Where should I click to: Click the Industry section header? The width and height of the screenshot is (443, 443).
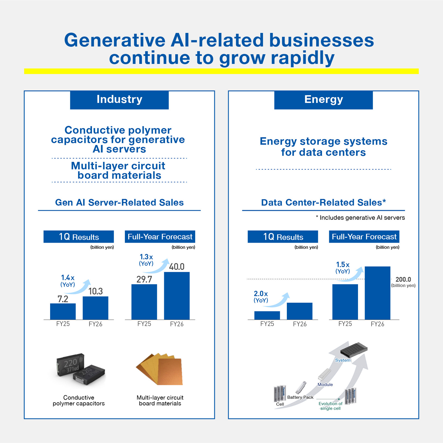(119, 100)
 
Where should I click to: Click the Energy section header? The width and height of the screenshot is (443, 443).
(323, 100)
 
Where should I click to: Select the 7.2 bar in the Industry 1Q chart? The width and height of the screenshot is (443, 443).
(63, 311)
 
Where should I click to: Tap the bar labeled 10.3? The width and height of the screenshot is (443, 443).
(96, 308)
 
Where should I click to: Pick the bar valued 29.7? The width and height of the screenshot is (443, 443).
(144, 302)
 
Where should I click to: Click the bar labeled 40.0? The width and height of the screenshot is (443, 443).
(177, 296)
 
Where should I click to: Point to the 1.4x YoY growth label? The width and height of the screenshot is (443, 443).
(68, 281)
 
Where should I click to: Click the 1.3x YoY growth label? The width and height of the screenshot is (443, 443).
(146, 260)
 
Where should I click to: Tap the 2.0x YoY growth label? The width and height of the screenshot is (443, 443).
(261, 297)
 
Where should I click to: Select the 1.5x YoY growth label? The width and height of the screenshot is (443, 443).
(343, 268)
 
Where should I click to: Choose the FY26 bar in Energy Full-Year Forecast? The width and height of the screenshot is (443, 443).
(378, 293)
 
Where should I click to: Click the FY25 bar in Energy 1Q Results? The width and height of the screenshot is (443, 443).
(267, 315)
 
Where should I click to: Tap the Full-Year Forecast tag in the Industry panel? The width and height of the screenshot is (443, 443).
(160, 237)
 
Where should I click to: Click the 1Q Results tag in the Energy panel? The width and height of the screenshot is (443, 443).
(283, 237)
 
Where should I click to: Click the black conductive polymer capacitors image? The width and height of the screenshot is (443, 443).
(81, 369)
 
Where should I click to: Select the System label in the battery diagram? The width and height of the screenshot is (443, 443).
(343, 360)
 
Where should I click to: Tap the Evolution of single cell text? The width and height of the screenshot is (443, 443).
(330, 406)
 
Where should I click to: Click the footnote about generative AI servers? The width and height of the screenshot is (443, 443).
(360, 218)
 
